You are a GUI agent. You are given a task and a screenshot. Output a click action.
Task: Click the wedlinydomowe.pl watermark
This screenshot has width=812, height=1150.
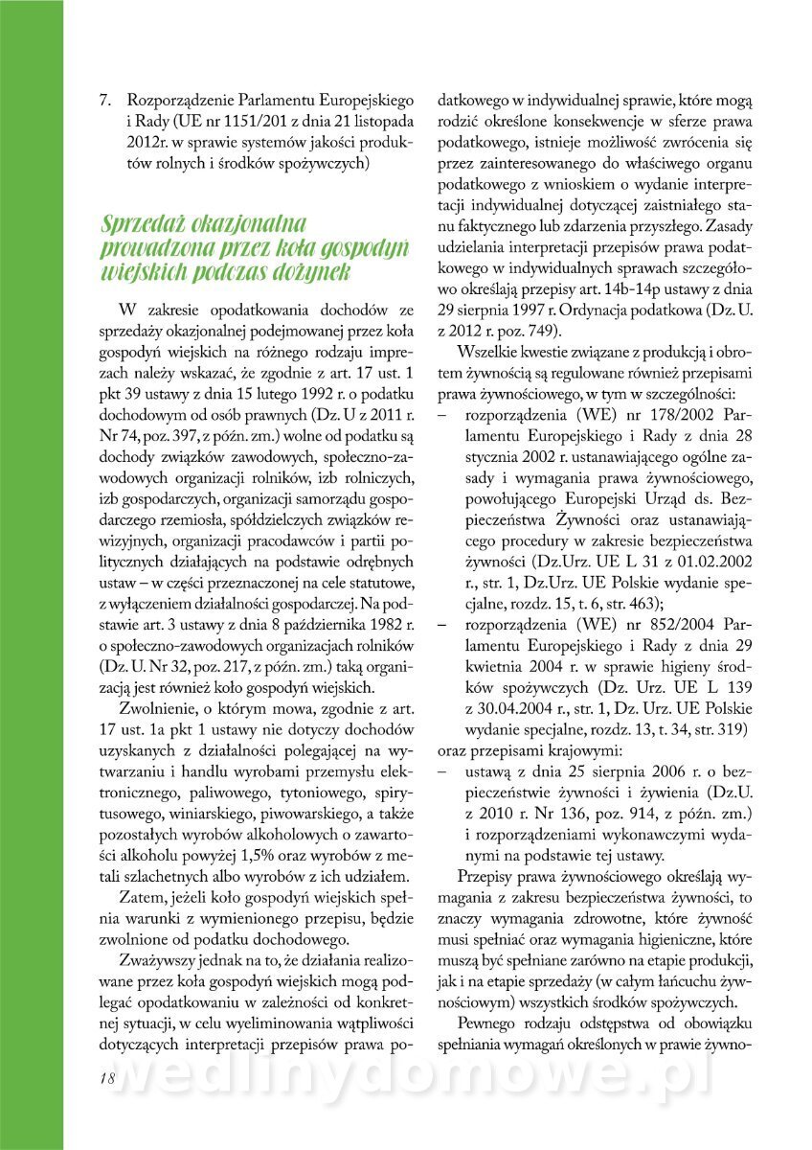click(412, 1078)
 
